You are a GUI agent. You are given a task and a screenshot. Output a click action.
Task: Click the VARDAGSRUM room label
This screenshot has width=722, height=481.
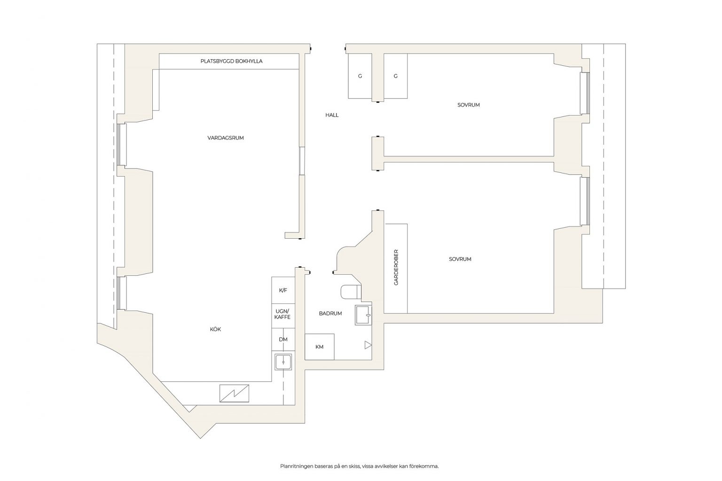pos(225,138)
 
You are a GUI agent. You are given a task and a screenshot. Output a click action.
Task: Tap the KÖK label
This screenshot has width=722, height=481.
pos(215,329)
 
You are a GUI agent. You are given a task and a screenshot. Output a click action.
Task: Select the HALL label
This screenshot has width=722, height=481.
pos(332,115)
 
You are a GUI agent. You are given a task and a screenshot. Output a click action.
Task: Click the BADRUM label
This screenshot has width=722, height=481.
pos(330,313)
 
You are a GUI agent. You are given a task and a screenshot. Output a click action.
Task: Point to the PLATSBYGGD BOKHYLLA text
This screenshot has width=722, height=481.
pos(231,61)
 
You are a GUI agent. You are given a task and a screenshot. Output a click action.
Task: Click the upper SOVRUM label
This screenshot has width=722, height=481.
pos(468,105)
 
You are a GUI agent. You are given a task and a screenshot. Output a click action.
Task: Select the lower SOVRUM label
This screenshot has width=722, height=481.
pos(460,259)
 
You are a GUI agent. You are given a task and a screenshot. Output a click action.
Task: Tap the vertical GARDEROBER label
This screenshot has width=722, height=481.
pos(396,267)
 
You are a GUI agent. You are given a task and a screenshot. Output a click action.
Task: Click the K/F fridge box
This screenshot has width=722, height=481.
pos(283,290)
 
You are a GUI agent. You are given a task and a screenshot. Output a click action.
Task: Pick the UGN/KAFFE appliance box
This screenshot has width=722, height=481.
pos(283,316)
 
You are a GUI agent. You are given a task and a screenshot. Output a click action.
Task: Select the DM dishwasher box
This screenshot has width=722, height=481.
pos(283,339)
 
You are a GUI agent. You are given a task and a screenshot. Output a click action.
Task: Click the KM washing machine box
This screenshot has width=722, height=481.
pos(320,347)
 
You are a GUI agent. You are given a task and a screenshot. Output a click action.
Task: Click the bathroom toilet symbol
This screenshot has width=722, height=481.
pos(351,291)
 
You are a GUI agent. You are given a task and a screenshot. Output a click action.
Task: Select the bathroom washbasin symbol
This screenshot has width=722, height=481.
pos(363,315)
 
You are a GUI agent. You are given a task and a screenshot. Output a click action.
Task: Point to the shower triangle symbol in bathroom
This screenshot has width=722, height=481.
pos(368,345)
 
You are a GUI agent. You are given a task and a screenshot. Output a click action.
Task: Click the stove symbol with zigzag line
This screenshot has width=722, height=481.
pos(234,393)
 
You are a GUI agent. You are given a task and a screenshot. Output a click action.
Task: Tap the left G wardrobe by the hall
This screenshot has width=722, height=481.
pos(360,76)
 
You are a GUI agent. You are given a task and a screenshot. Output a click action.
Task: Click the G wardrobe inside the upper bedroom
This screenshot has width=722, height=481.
pos(395,76)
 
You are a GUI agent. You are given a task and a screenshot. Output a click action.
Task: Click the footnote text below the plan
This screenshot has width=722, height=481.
pos(360,466)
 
